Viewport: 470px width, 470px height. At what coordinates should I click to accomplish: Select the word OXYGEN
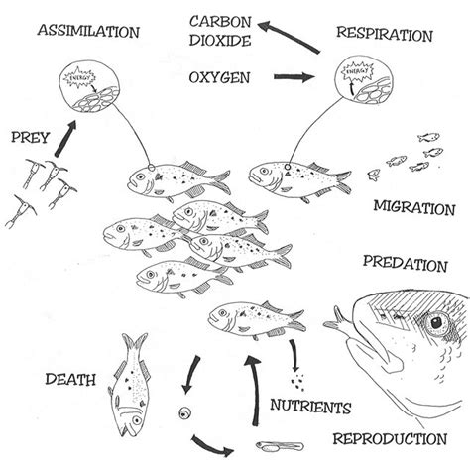(x=220, y=76)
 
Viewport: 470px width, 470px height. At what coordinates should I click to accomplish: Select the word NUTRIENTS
(x=311, y=407)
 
